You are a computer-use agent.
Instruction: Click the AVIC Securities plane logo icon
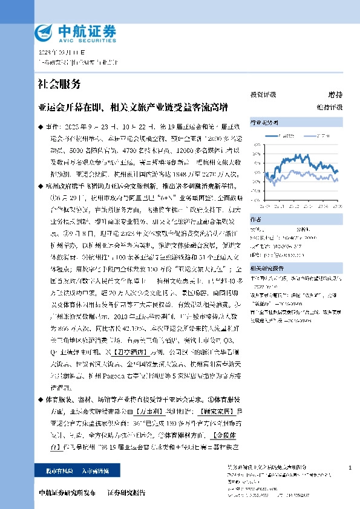(45, 31)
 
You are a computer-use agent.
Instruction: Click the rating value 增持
(335, 96)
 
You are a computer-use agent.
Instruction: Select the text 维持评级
(333, 107)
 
